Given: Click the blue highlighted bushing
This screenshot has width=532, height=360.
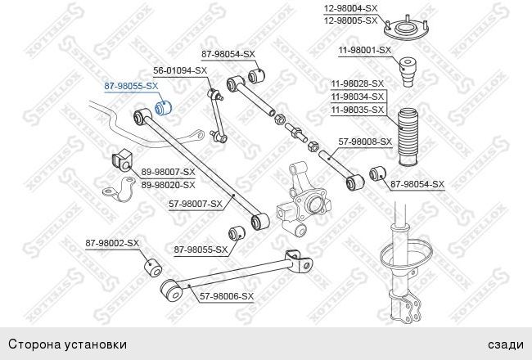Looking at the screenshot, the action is [x=163, y=107].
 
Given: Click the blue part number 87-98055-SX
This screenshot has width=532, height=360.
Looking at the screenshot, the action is [x=131, y=86].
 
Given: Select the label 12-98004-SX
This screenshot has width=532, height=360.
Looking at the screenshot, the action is [x=350, y=8].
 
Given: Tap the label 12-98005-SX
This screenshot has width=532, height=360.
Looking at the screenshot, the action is [x=350, y=20].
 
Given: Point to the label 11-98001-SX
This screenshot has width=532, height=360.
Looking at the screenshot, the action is [x=365, y=50].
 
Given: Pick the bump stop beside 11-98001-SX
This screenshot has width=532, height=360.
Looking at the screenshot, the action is [x=408, y=72].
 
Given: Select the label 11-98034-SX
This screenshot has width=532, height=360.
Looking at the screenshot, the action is [x=358, y=97].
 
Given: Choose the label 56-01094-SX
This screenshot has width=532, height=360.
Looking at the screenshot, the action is [x=180, y=70].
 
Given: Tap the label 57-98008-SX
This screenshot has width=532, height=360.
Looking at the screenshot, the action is [x=365, y=142].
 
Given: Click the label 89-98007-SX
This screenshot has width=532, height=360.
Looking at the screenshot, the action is [x=169, y=172].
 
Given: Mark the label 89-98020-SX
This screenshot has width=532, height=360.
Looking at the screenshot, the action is [x=169, y=185].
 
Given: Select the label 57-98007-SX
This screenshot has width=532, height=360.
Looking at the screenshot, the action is [x=196, y=204].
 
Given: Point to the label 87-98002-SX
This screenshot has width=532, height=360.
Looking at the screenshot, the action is [x=112, y=243].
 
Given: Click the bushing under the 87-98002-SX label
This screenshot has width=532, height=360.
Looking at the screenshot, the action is [x=153, y=268].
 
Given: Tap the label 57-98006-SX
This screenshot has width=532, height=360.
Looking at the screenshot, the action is [x=227, y=296].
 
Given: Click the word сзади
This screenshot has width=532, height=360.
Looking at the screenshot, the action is [x=506, y=344].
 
